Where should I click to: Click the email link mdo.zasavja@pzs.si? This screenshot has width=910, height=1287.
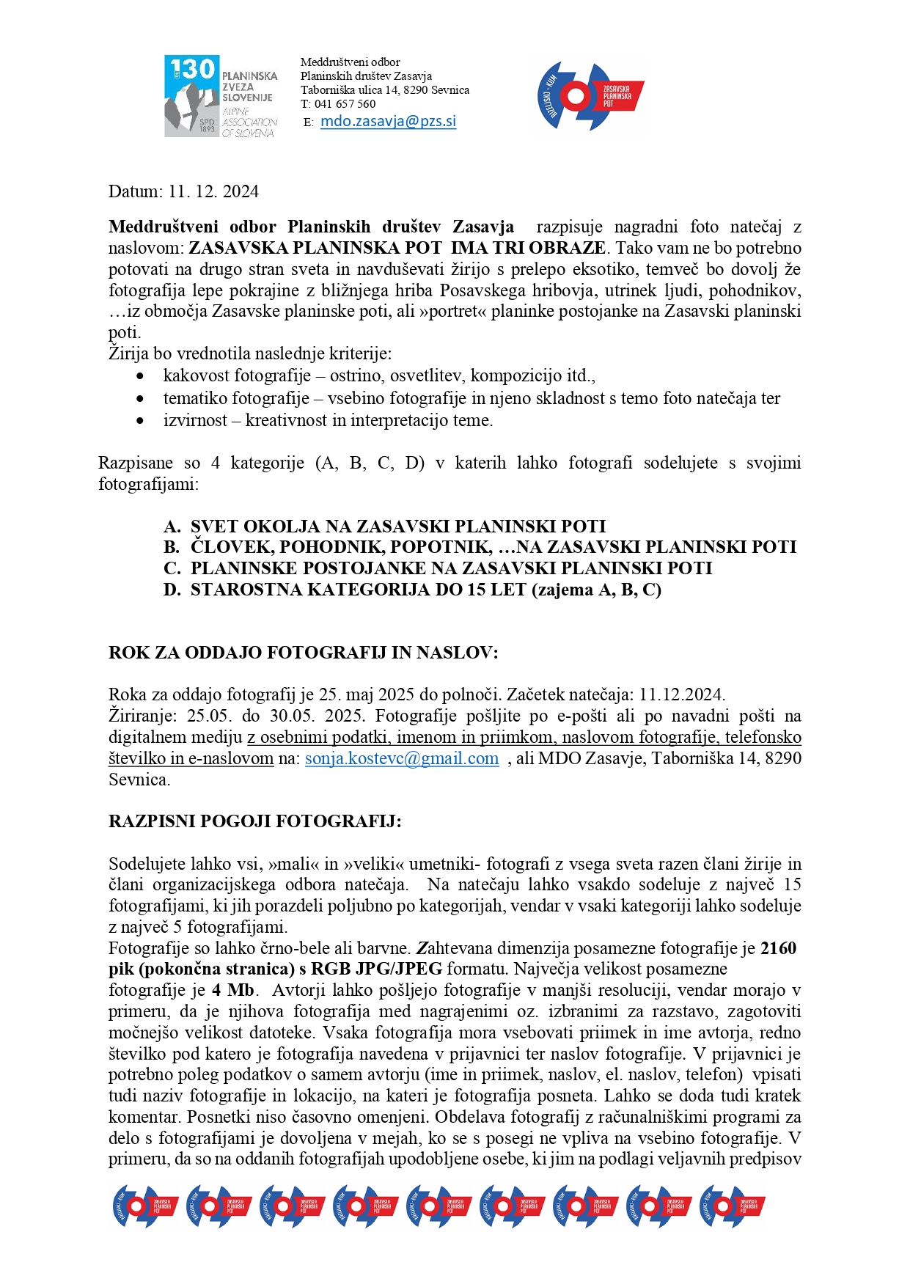click(388, 122)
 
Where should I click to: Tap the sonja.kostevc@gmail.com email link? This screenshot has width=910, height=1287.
click(402, 758)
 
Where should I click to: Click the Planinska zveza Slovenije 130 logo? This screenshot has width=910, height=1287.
click(221, 96)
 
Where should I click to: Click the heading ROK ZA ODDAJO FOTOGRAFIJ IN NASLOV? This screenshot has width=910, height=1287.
click(303, 653)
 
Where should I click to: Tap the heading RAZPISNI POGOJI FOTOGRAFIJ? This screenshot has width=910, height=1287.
click(254, 821)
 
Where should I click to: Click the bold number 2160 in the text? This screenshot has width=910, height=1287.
click(778, 948)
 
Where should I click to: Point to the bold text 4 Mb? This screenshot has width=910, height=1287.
click(233, 991)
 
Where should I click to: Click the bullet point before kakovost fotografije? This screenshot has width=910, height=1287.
click(140, 376)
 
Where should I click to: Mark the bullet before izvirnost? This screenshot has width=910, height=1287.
click(140, 421)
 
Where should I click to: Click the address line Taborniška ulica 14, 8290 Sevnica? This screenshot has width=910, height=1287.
click(384, 90)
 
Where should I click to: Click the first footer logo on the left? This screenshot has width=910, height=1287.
click(145, 1206)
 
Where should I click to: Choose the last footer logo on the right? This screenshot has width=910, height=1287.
click(732, 1206)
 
